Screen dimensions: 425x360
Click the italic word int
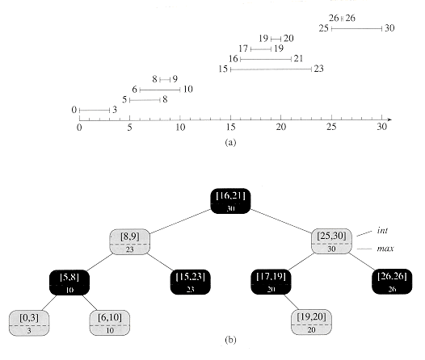(x=382, y=230)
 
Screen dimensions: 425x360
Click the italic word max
(x=385, y=249)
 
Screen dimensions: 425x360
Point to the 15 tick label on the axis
(x=230, y=127)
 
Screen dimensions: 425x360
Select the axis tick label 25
(x=331, y=127)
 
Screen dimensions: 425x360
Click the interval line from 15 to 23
(x=271, y=69)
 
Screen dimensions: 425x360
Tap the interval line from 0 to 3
(x=95, y=110)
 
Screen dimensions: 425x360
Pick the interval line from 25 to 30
(x=356, y=28)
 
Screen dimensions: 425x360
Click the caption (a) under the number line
(x=230, y=142)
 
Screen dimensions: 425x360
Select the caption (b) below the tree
(x=230, y=340)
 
